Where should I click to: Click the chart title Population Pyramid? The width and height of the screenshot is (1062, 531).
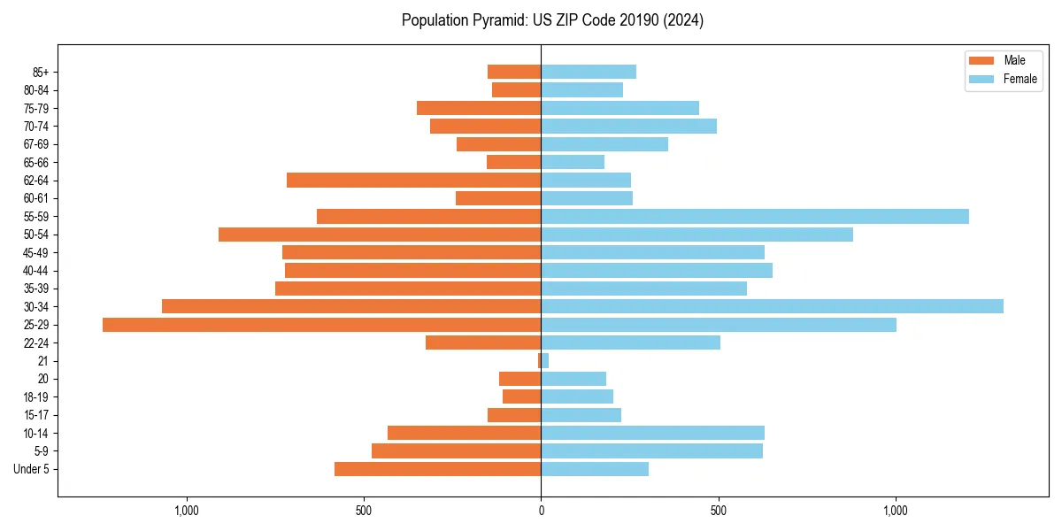pyautogui.click(x=552, y=20)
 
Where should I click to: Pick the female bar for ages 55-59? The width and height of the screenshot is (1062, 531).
pyautogui.click(x=755, y=216)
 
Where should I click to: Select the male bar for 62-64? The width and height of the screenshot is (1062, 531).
pyautogui.click(x=413, y=180)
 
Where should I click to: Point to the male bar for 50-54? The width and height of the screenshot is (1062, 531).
pyautogui.click(x=380, y=235)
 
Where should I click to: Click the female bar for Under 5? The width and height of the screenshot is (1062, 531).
pyautogui.click(x=595, y=469)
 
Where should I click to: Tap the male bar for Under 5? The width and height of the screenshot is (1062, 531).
pyautogui.click(x=437, y=469)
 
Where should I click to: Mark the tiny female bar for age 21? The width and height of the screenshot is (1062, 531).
pyautogui.click(x=545, y=361)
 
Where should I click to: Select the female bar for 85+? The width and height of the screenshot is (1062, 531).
pyautogui.click(x=589, y=72)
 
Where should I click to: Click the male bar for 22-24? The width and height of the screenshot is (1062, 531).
pyautogui.click(x=483, y=342)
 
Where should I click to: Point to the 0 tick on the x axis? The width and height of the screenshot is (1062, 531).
pyautogui.click(x=541, y=511)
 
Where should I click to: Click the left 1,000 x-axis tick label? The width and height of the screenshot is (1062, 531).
pyautogui.click(x=186, y=511)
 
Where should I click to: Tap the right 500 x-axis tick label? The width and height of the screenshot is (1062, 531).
pyautogui.click(x=719, y=511)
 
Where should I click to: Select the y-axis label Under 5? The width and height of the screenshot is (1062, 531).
pyautogui.click(x=31, y=469)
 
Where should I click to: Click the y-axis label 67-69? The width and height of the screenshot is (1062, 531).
pyautogui.click(x=36, y=144)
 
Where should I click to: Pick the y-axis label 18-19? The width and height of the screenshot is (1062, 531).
pyautogui.click(x=36, y=396)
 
